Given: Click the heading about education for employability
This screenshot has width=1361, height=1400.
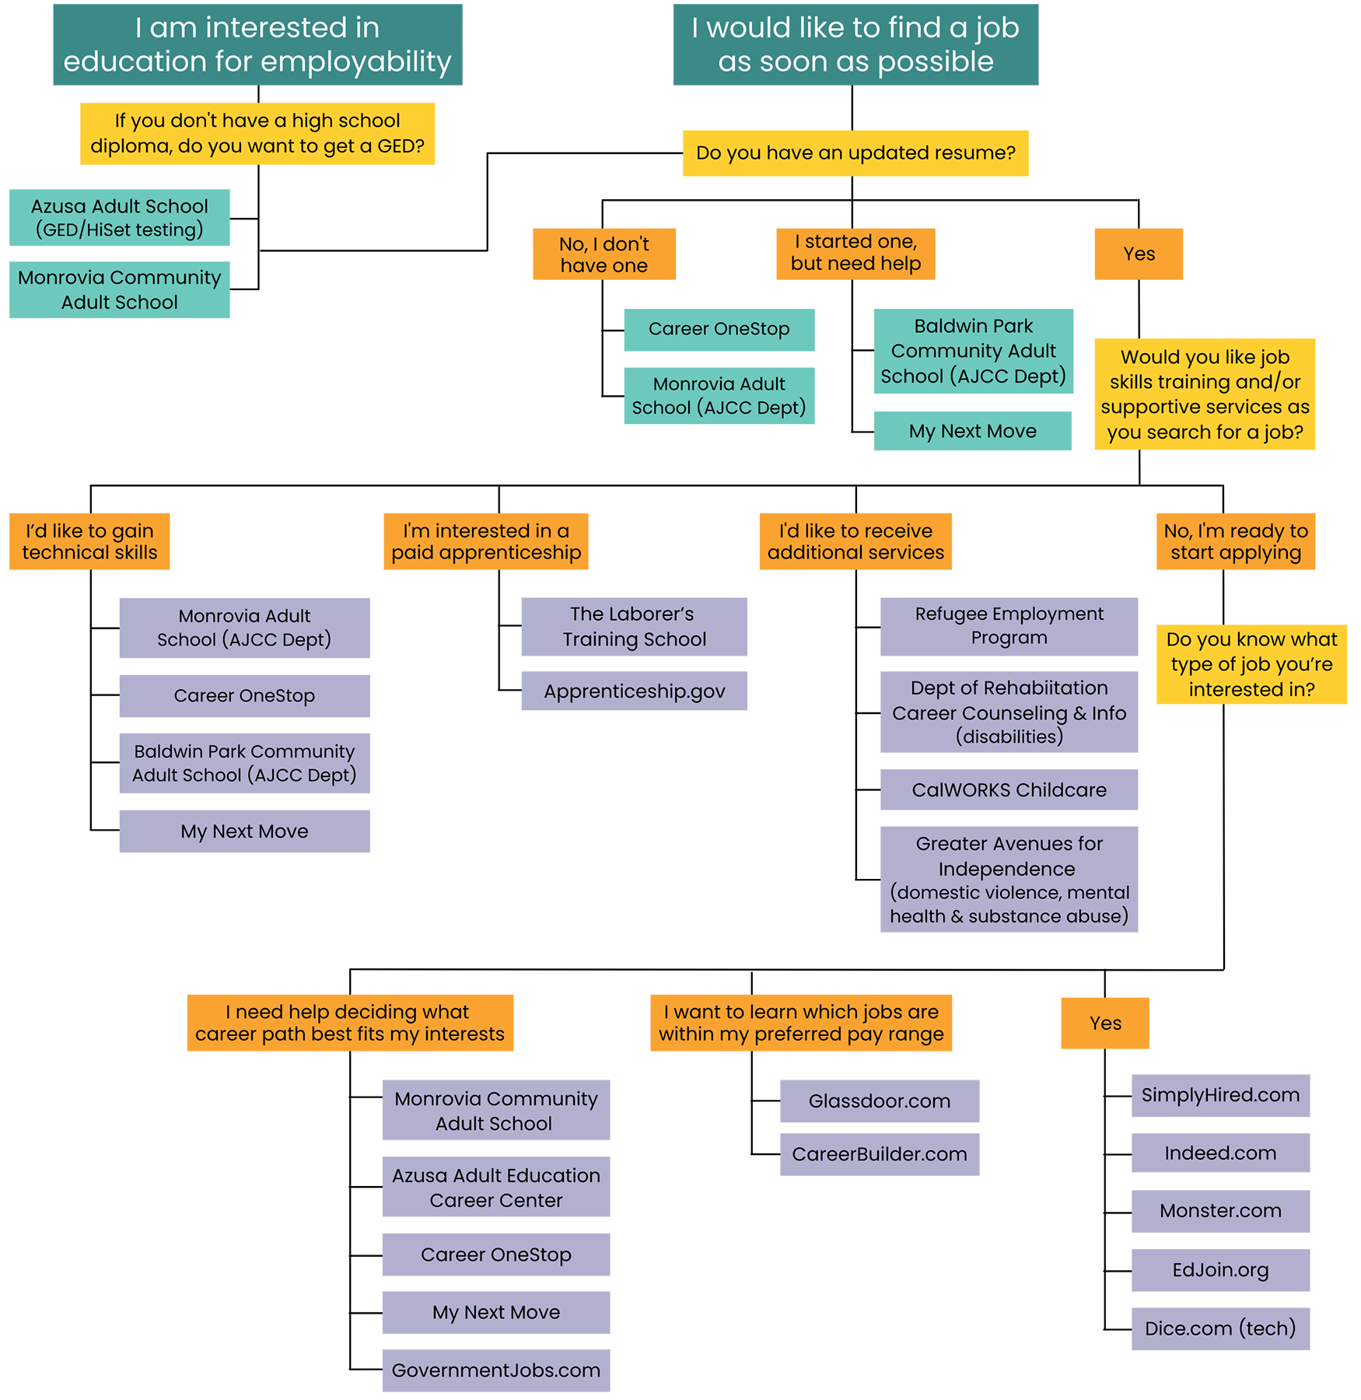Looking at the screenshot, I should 257,44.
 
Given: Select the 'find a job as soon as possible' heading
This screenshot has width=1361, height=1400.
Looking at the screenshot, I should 855,44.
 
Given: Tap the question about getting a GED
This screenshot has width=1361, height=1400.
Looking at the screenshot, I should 257,133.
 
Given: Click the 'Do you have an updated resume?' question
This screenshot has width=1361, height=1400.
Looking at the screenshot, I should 855,152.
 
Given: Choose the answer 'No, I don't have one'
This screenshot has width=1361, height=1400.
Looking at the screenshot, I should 604,254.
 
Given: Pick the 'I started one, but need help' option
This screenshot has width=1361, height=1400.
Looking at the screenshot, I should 855,252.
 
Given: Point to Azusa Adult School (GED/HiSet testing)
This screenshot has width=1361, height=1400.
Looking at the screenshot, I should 120,218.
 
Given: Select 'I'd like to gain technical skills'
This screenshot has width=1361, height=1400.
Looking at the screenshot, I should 89,541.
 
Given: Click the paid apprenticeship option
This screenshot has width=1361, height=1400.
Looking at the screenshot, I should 486,541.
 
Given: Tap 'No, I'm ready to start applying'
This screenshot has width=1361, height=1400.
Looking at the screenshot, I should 1236,541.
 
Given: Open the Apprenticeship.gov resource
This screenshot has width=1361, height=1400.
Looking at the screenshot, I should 635,691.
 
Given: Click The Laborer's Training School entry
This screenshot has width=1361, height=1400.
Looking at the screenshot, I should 635,626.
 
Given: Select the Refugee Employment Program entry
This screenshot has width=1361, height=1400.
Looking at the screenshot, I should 1009,625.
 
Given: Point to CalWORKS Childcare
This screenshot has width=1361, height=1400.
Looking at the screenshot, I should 1009,790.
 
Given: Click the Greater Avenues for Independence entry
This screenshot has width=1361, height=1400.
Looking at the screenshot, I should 1009,880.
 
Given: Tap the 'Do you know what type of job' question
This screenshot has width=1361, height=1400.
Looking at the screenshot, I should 1251,664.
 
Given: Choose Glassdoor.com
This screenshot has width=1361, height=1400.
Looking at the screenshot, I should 879,1101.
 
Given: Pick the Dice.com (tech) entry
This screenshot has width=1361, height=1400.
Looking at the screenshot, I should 1220,1328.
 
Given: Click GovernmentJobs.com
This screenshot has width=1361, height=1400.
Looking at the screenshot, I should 496,1370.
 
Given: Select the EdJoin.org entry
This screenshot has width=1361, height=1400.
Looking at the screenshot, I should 1220,1270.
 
